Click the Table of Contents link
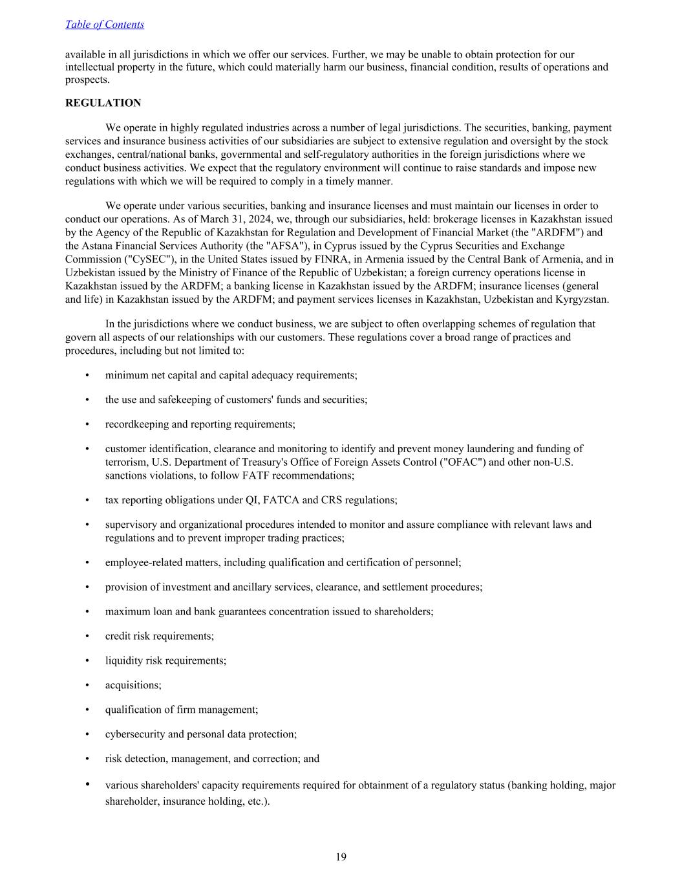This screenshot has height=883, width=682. pos(105,25)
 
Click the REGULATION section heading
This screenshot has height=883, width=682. pos(103,103)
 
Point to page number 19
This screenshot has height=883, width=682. pos(341,857)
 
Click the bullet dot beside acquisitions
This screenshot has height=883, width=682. pos(87,685)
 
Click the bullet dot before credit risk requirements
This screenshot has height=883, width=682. pos(87,636)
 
